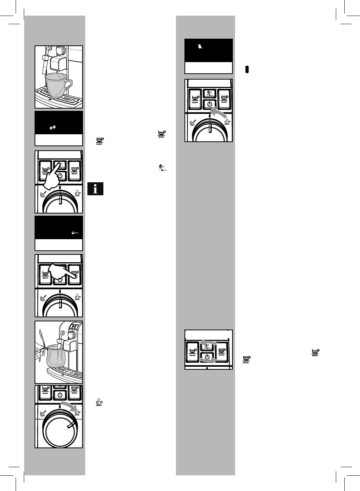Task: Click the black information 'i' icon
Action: click(x=96, y=189)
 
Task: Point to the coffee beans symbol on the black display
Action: click(x=53, y=127)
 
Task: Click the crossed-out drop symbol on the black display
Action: click(x=200, y=47)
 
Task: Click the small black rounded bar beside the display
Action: click(x=247, y=70)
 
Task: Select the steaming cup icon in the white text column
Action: click(x=99, y=402)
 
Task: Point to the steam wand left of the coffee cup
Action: click(x=44, y=63)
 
